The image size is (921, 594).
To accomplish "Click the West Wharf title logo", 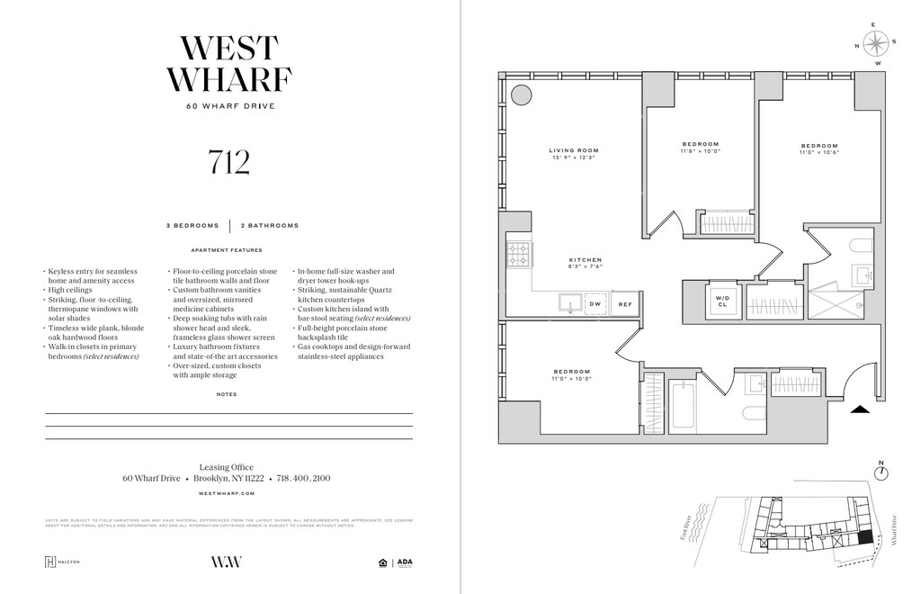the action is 228,63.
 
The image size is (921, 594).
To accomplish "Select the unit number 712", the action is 228,162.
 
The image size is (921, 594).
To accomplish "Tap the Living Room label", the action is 575,154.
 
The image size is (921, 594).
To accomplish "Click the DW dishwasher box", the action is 595,304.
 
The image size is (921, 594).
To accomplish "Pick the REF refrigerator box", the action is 625,304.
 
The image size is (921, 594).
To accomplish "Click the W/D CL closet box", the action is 721,300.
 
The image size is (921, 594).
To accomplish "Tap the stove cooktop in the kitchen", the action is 519,256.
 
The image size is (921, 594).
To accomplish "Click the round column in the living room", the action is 521,95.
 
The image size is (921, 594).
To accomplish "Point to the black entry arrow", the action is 861,409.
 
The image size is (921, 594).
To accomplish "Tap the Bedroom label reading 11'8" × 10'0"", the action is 700,148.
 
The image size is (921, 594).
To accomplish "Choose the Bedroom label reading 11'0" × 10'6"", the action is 819,149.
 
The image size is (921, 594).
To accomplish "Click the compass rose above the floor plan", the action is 878,41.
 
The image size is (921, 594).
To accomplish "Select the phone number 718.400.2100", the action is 303,479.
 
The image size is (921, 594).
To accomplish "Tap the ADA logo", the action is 405,563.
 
